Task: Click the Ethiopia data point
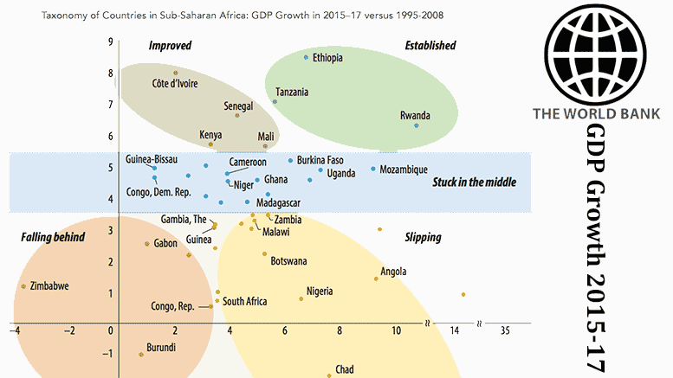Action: click(306, 58)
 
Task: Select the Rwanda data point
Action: click(417, 125)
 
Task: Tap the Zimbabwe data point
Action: click(23, 286)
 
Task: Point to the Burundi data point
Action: click(141, 355)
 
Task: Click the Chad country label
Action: click(344, 369)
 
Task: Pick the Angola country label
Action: click(393, 272)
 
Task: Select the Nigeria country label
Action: click(320, 292)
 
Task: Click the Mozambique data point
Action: click(373, 169)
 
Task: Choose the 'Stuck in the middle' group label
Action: click(474, 183)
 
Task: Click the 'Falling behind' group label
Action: click(53, 236)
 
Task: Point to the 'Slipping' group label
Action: click(423, 238)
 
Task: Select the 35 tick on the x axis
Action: click(505, 330)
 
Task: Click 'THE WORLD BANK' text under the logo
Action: click(596, 113)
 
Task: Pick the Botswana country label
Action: click(288, 260)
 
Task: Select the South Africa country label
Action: click(244, 302)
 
